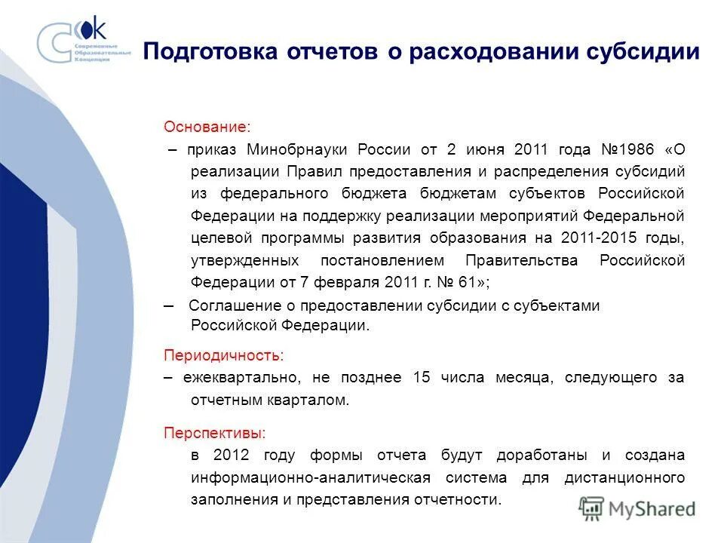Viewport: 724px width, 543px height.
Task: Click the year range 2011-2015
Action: pos(600,238)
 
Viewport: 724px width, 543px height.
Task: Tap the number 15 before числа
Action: pos(422,378)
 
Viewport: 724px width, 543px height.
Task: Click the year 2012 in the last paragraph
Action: pos(231,456)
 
